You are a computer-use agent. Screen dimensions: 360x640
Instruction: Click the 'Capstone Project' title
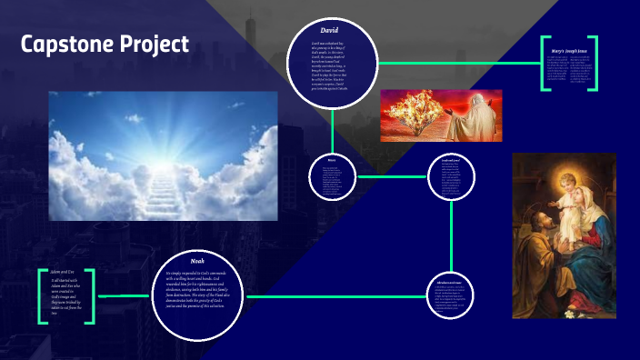pyautogui.click(x=105, y=45)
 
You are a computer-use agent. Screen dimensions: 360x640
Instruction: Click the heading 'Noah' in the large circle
pyautogui.click(x=198, y=261)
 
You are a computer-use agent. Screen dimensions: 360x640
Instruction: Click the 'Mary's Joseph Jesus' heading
pyautogui.click(x=569, y=50)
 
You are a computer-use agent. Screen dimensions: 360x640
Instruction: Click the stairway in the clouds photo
pyautogui.click(x=167, y=192)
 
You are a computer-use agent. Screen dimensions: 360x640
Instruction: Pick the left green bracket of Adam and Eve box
pyautogui.click(x=42, y=296)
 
